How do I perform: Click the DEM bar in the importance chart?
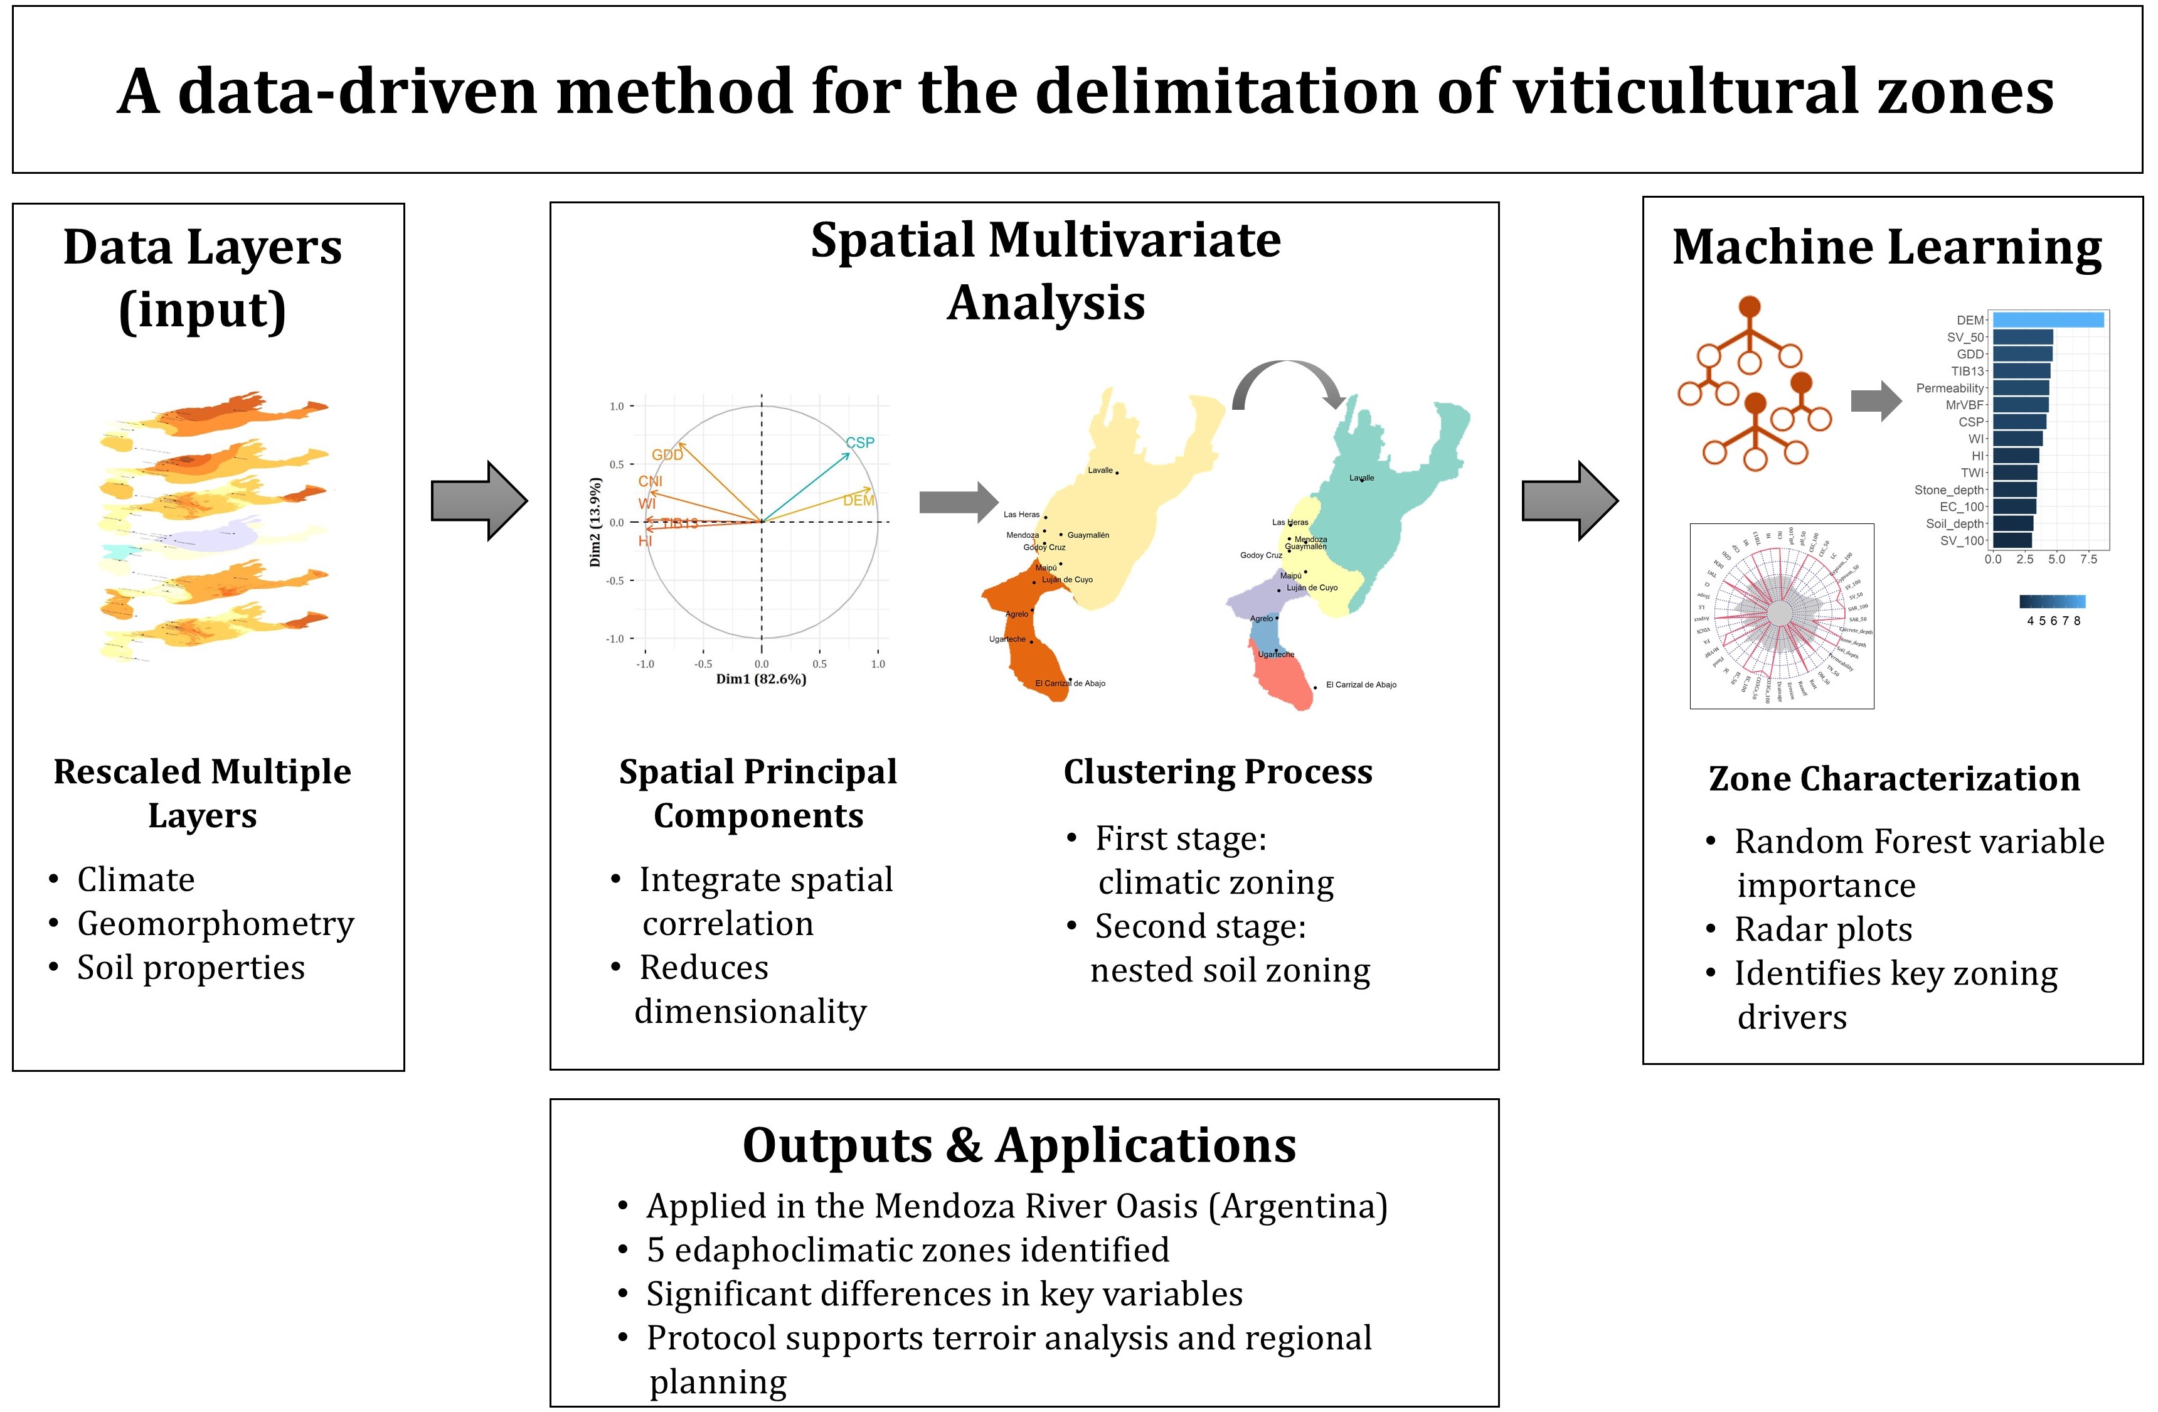[2046, 320]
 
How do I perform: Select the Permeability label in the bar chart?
[1950, 388]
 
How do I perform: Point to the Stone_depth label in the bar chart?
[1948, 489]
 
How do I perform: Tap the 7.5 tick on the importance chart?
[2088, 560]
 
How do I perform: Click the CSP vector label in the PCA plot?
[859, 442]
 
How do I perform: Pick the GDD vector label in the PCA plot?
[666, 454]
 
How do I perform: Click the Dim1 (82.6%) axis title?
[761, 679]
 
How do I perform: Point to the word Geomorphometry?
[216, 924]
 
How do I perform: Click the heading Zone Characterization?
[1893, 778]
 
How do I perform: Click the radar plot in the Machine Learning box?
[1781, 615]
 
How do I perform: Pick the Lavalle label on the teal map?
[1361, 478]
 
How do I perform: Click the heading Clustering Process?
[1218, 772]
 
